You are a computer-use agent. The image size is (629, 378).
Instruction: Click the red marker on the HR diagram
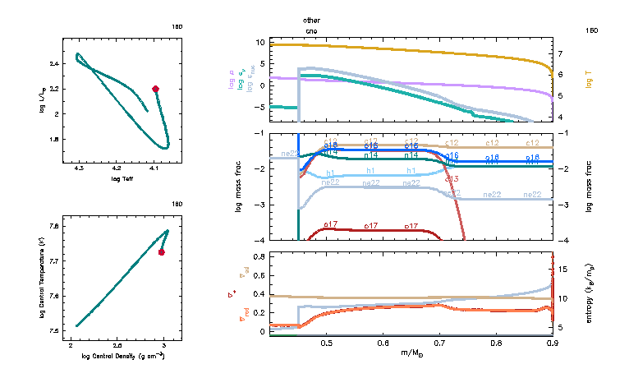click(155, 89)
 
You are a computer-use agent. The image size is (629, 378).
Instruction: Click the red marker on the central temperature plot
click(162, 252)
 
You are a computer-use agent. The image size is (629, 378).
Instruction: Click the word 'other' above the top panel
click(311, 19)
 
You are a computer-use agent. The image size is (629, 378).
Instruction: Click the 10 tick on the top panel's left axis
click(260, 41)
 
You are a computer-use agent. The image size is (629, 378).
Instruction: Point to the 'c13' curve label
click(451, 178)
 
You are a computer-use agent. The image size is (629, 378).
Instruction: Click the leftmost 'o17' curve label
click(331, 224)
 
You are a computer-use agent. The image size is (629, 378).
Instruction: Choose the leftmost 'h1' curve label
click(331, 173)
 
